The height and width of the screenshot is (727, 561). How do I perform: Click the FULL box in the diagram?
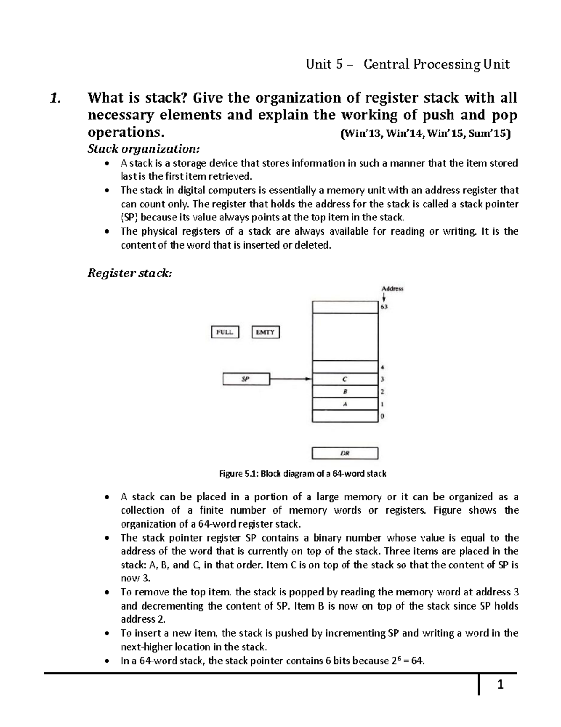click(225, 332)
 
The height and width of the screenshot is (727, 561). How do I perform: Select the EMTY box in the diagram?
click(266, 332)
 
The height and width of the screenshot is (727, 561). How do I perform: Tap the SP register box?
click(246, 379)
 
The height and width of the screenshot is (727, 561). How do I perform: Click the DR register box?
click(345, 453)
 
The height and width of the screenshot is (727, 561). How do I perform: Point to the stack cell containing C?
click(345, 379)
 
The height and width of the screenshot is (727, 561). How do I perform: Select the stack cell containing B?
click(345, 391)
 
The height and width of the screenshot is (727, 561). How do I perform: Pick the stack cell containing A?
click(345, 404)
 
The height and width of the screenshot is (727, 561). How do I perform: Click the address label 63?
click(383, 307)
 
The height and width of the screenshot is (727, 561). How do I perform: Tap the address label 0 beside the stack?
click(382, 416)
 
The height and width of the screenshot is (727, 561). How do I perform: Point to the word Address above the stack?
click(392, 289)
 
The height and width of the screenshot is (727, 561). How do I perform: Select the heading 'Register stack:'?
click(129, 273)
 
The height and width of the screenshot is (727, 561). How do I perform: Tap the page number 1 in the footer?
click(500, 685)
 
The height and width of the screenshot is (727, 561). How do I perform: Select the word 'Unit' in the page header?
click(318, 64)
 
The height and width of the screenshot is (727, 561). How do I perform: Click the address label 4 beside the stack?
click(382, 367)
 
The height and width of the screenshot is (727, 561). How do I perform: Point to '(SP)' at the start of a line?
click(129, 217)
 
